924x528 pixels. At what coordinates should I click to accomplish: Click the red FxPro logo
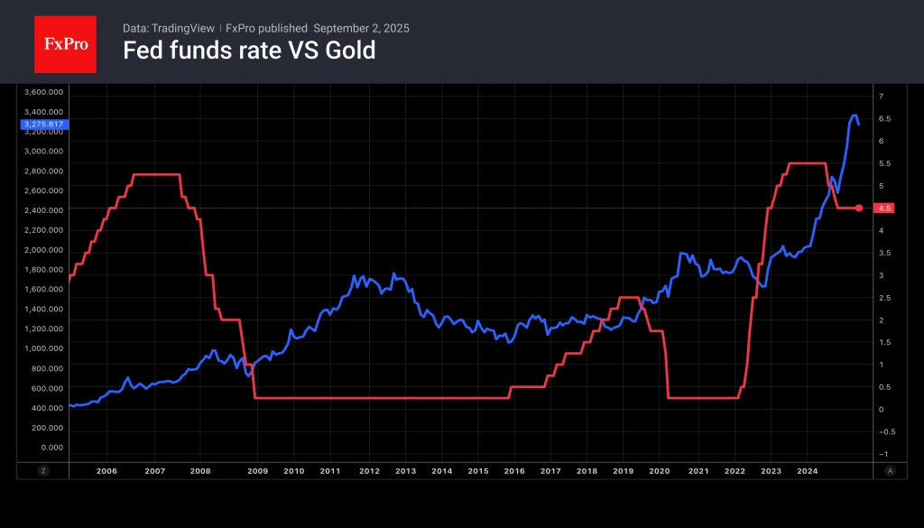click(x=65, y=43)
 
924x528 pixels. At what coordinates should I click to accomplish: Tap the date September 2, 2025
click(x=361, y=28)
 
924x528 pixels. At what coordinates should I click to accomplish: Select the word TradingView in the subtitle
click(x=184, y=28)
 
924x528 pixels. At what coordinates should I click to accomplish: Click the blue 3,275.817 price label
click(x=44, y=124)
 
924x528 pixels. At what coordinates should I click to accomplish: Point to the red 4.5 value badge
click(x=883, y=208)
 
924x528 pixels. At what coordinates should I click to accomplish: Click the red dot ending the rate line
click(x=858, y=208)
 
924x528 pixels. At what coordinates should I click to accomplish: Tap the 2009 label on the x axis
click(x=258, y=470)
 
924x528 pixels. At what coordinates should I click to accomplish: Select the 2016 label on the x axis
click(x=514, y=470)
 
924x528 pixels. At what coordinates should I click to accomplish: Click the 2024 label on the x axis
click(x=808, y=470)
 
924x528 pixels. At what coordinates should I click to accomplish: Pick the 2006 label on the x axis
click(x=106, y=470)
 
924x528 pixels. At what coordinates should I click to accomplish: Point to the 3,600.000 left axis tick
click(x=44, y=92)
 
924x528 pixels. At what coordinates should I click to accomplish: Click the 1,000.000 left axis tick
click(x=44, y=348)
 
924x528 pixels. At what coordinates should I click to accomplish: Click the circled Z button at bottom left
click(x=42, y=470)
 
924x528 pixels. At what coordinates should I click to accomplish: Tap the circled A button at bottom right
click(x=890, y=470)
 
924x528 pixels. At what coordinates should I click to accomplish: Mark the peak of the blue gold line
click(x=854, y=116)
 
